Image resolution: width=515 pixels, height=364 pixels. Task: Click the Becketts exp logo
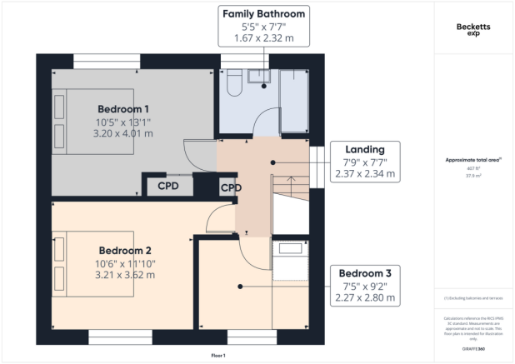point(474,31)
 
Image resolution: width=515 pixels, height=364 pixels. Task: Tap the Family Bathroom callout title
point(262,14)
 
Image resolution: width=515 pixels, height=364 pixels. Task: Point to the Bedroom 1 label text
point(123,109)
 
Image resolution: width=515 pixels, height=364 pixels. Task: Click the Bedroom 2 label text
point(124,250)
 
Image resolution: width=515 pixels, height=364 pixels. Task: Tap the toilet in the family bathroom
point(233,82)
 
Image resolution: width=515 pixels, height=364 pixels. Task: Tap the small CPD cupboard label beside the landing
point(230,187)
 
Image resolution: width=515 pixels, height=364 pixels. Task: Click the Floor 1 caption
point(217,356)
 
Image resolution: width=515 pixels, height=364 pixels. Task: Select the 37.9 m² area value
point(473,176)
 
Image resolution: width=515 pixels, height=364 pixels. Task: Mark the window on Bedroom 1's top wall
point(107,60)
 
